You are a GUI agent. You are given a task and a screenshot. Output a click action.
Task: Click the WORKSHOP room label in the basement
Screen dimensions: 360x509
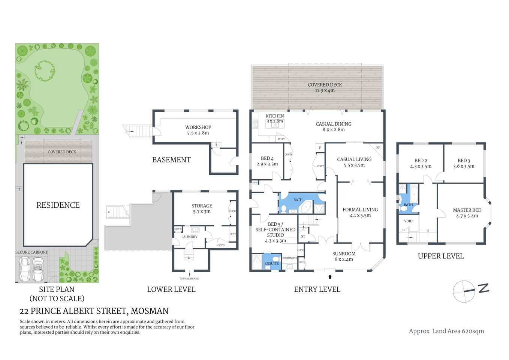click(x=198, y=127)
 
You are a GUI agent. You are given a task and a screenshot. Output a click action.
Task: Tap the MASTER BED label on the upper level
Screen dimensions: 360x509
click(x=467, y=210)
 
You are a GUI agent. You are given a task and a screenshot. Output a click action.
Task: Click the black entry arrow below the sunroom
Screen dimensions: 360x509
click(x=330, y=277)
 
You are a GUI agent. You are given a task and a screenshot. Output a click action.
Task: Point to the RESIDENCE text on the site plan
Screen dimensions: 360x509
click(x=58, y=205)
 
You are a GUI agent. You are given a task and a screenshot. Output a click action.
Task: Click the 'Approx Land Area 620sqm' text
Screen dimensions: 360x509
click(x=446, y=331)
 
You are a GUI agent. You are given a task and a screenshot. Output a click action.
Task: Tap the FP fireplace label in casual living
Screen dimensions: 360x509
click(x=378, y=148)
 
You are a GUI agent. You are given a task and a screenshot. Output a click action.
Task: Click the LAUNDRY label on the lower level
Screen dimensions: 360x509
click(x=189, y=237)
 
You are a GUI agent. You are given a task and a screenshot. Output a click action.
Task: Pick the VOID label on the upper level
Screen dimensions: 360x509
click(x=408, y=221)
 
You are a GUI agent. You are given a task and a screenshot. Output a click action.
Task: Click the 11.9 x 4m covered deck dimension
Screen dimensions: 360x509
click(x=325, y=90)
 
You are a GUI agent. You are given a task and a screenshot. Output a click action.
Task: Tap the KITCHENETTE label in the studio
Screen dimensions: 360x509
click(x=289, y=258)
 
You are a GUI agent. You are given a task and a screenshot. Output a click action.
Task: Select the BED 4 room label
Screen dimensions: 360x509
click(x=267, y=158)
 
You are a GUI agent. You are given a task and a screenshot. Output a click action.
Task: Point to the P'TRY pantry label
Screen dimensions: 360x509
click(x=281, y=139)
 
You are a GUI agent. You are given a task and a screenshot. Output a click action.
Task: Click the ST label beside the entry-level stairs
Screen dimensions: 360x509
click(x=303, y=236)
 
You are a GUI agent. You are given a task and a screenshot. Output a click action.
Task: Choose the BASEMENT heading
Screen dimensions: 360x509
click(x=171, y=160)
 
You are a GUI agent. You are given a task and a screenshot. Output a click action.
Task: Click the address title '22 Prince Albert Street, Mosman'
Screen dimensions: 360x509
click(x=94, y=311)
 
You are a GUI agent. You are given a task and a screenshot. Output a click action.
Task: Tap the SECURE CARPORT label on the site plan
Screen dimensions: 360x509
click(x=31, y=252)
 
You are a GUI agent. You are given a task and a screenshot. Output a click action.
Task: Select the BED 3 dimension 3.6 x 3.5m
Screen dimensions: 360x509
click(x=464, y=166)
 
